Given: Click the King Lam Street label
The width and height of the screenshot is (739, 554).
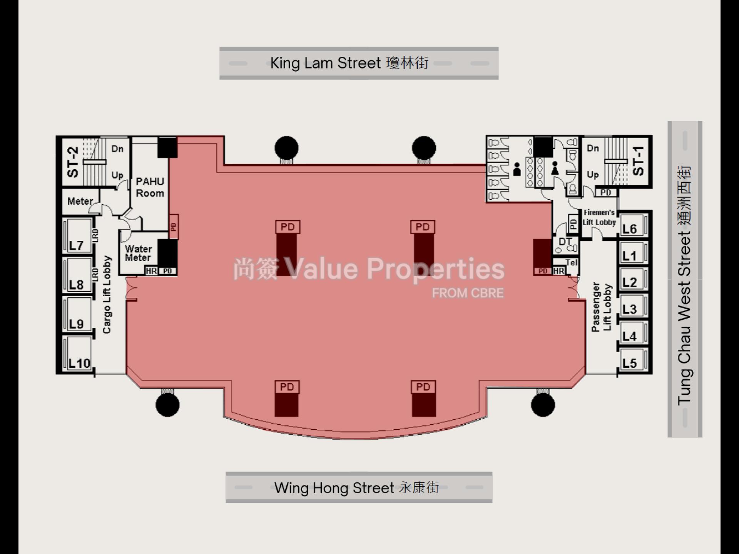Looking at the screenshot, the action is (x=349, y=63).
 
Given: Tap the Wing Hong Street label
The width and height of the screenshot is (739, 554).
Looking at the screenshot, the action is (x=356, y=488).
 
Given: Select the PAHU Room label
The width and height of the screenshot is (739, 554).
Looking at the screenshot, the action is (x=150, y=187).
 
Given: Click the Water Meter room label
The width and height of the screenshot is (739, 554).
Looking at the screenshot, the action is (x=138, y=253).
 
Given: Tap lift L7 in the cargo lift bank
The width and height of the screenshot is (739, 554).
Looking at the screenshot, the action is (x=76, y=245).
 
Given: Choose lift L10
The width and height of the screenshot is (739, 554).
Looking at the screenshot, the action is (x=79, y=363).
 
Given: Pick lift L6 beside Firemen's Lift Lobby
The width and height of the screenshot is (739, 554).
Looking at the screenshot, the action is (x=630, y=229).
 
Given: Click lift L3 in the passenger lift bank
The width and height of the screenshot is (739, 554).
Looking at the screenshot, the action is (x=630, y=309).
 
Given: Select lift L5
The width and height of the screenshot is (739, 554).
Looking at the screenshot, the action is (x=630, y=363).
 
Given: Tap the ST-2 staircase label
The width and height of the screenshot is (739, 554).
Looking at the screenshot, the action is (x=73, y=162).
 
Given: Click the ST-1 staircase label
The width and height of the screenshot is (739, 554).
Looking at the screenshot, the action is (x=638, y=161).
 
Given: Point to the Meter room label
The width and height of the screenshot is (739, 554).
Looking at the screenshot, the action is (x=80, y=201).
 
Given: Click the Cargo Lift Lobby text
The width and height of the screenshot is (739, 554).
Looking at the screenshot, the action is (x=107, y=295).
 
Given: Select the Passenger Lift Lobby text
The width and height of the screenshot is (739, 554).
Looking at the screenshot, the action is (x=602, y=307).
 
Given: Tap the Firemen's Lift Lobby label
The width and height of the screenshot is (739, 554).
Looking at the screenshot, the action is (x=599, y=217).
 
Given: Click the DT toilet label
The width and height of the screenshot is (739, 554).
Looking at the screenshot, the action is (x=565, y=242).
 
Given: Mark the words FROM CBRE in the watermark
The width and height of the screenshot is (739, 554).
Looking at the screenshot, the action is (x=468, y=293).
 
